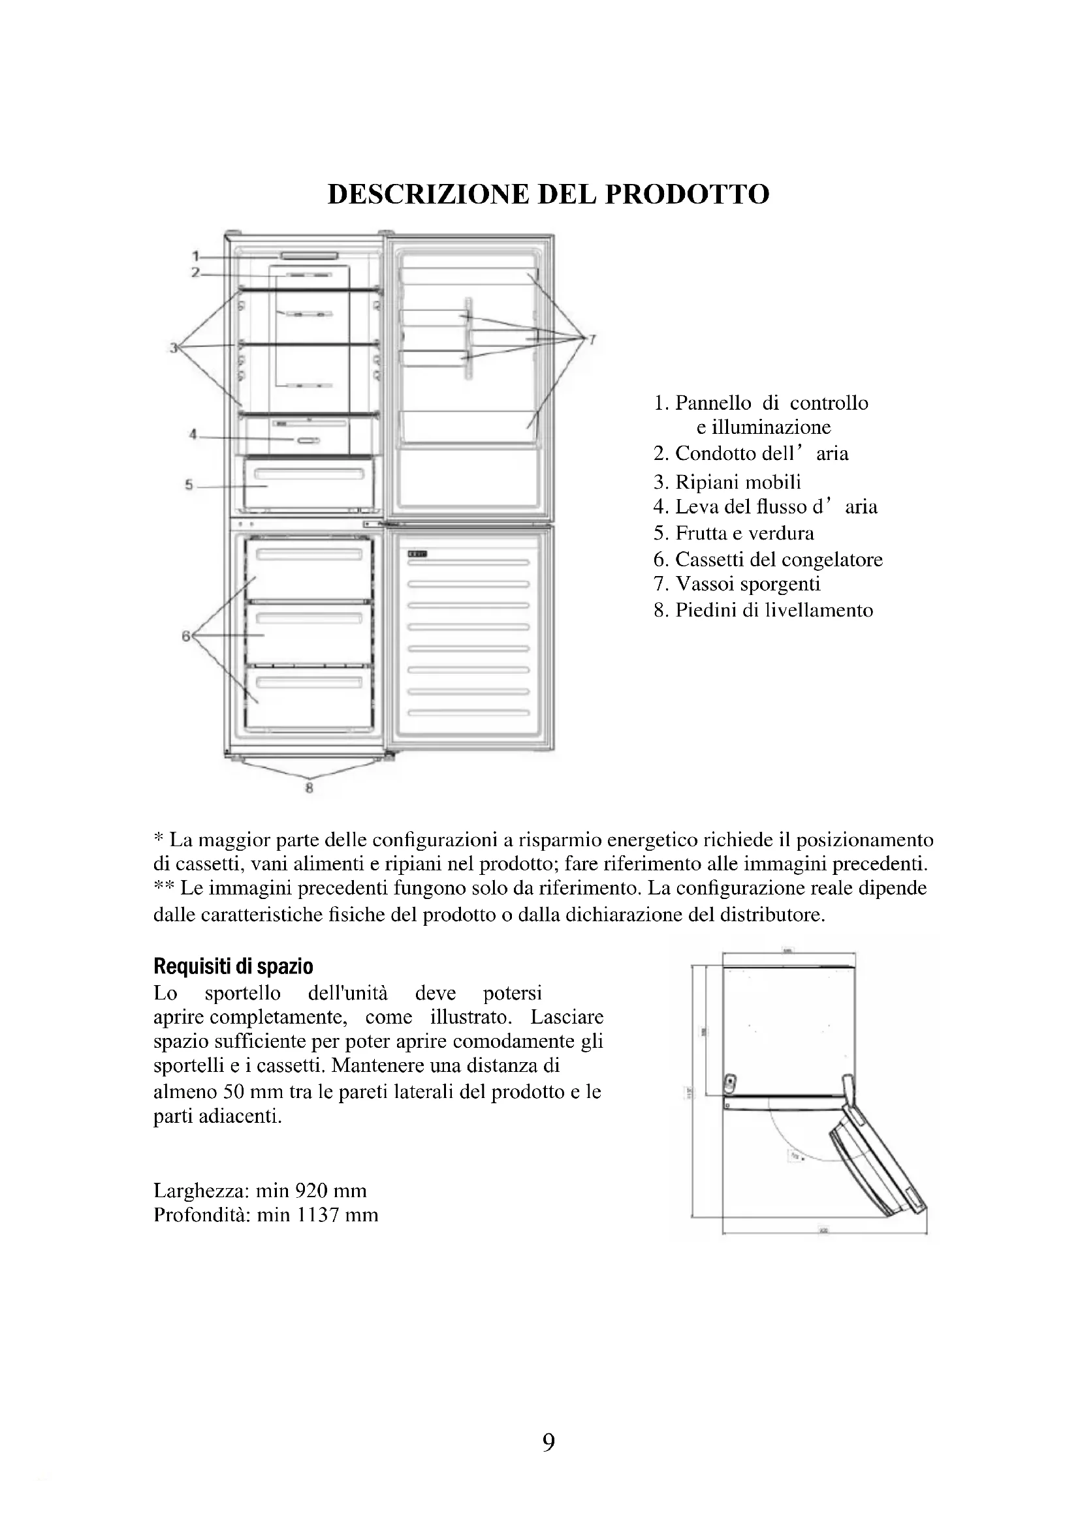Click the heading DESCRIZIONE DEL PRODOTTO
point(548,194)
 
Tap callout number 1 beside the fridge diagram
point(196,256)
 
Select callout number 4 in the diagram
point(193,435)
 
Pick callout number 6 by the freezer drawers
point(185,636)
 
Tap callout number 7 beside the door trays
point(592,340)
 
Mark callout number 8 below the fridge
point(310,789)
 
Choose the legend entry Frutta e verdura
point(744,533)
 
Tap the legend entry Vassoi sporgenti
point(748,584)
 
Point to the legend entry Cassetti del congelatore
point(779,560)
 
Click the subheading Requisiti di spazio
point(232,966)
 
